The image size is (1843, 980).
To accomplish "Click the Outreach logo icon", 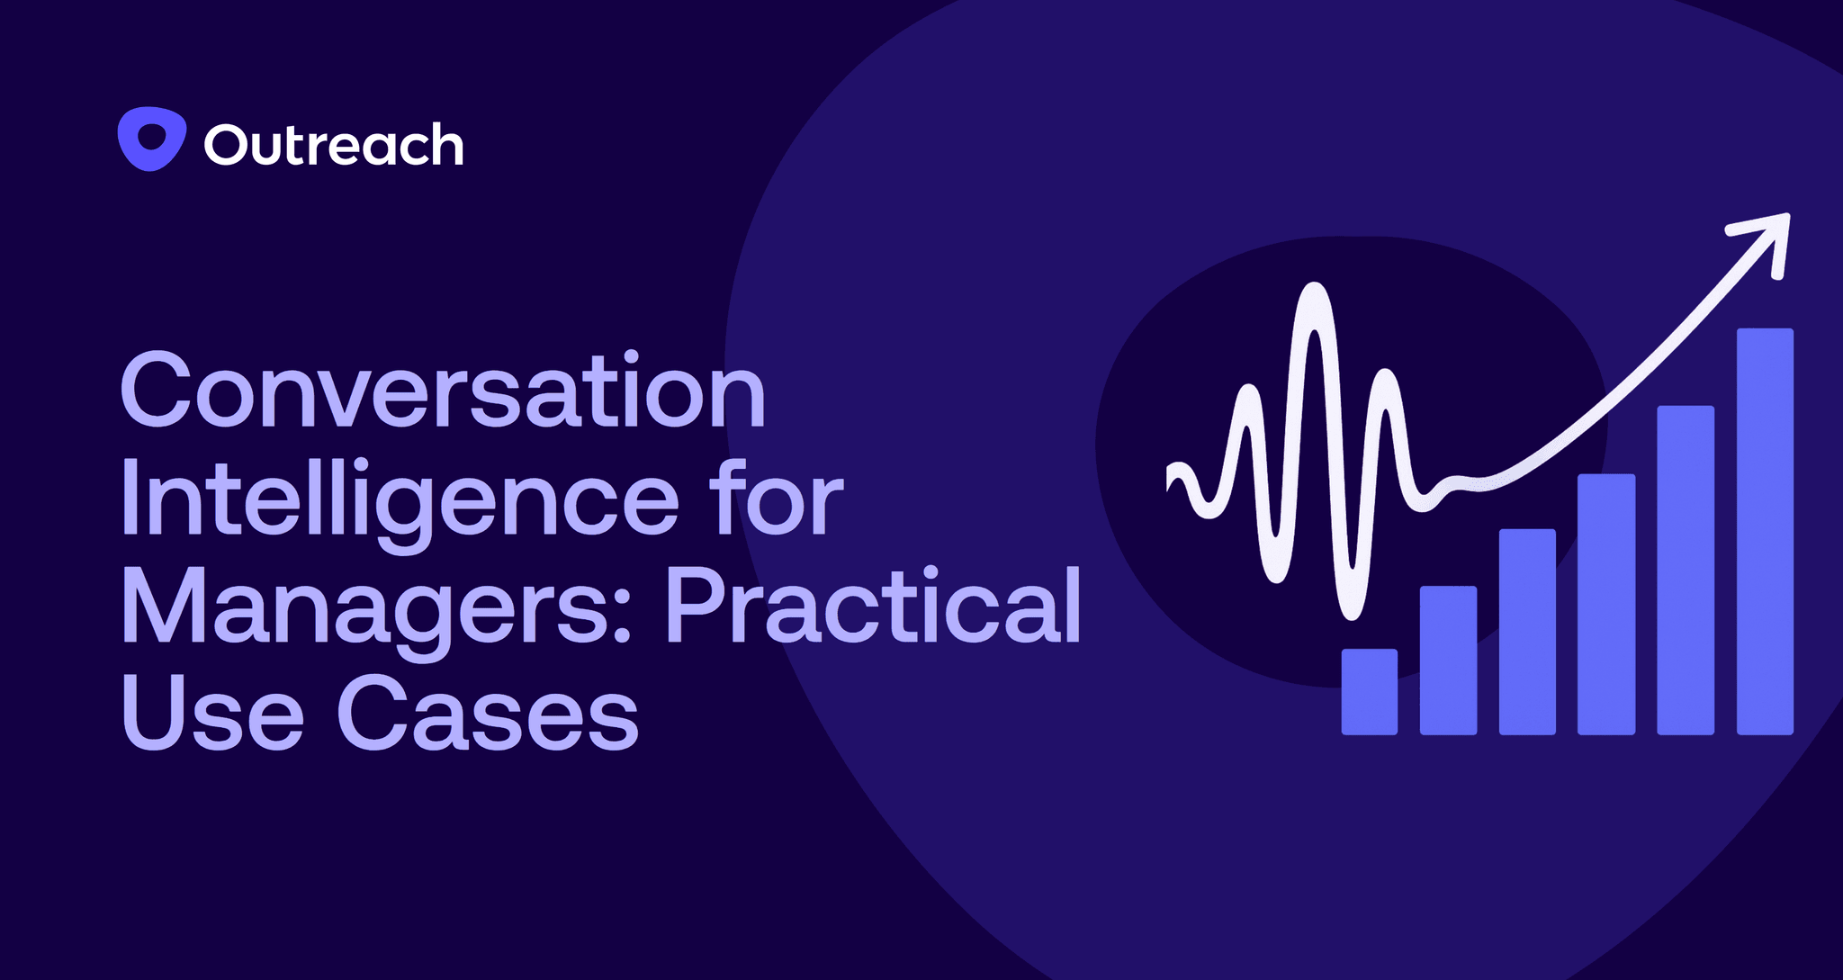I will point(151,139).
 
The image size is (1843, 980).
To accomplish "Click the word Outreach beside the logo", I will point(334,145).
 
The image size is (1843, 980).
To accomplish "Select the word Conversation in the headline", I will point(443,392).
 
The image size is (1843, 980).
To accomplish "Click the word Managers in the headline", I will point(365,608).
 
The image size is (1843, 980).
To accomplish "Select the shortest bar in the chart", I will point(1369,691).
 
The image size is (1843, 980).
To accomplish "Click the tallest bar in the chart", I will point(1764,531).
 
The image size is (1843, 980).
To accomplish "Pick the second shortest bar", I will point(1448,660).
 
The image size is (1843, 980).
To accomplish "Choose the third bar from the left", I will point(1527,631).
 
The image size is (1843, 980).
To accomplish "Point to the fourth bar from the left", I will point(1605,604).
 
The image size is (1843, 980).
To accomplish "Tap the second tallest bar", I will point(1685,570).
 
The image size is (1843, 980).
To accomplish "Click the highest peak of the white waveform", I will point(1315,291).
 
